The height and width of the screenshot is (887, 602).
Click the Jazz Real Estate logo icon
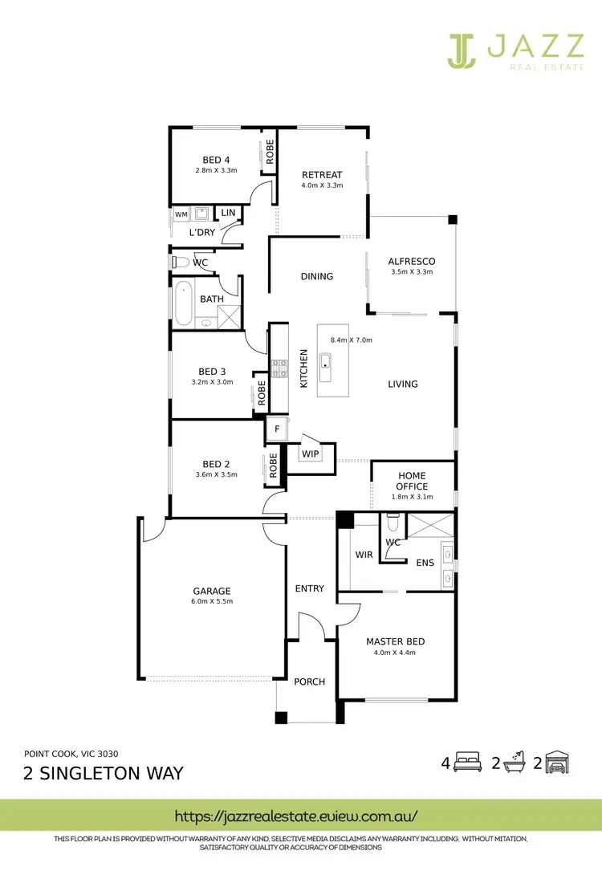click(462, 50)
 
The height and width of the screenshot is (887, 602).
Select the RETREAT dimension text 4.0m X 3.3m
click(322, 185)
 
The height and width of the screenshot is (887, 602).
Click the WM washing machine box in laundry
click(181, 214)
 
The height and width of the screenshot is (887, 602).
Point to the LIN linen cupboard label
click(228, 213)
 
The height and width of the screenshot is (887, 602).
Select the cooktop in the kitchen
click(280, 368)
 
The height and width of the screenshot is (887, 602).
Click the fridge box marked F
click(277, 429)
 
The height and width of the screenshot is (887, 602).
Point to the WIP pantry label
click(311, 454)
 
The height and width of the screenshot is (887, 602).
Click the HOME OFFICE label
click(412, 481)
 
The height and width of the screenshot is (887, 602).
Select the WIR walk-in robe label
click(364, 555)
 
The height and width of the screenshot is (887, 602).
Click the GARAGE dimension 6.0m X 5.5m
click(211, 601)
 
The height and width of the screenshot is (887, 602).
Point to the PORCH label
click(309, 682)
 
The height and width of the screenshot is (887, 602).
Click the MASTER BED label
click(395, 641)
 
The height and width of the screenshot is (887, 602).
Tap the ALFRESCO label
click(411, 261)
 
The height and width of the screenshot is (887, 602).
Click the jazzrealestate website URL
click(296, 816)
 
